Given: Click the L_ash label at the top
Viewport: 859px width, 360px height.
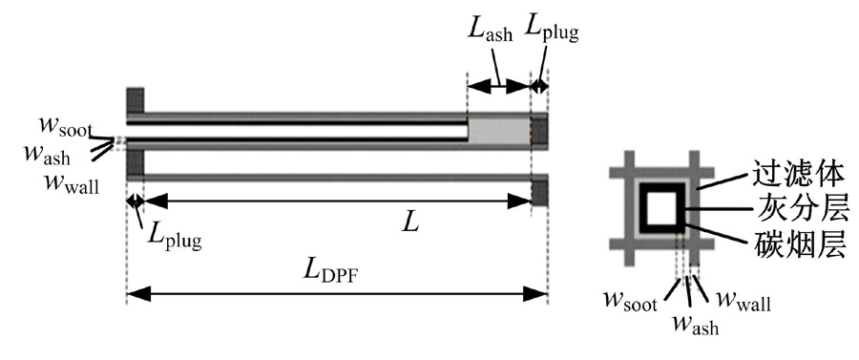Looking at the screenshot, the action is point(491,29).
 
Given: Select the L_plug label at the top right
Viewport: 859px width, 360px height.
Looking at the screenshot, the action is point(551,29).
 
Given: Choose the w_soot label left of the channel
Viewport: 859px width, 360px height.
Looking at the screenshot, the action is point(65,126).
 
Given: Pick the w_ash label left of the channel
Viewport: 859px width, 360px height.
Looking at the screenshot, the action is point(47,153).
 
